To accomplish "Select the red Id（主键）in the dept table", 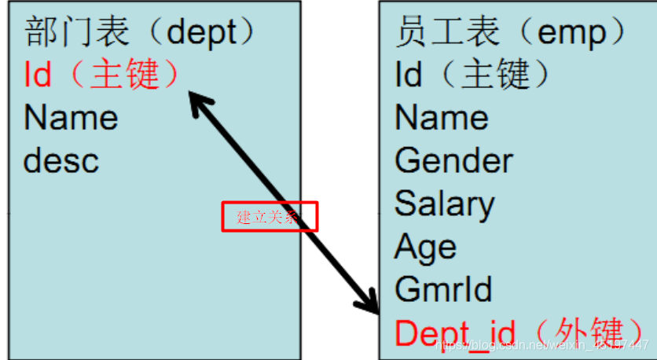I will pos(102,75).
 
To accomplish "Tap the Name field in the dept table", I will pos(71,118).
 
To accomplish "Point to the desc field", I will pos(61,160).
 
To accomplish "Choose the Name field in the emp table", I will pos(441,118).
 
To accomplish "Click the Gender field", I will pos(453,160).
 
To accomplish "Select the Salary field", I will pos(445,204).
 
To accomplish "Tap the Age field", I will pos(425,247).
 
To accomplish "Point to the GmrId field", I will pos(443,289).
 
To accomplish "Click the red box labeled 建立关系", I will pos(268,217).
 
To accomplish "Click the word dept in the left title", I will pos(201,33).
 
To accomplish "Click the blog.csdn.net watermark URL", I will pos(542,346).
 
